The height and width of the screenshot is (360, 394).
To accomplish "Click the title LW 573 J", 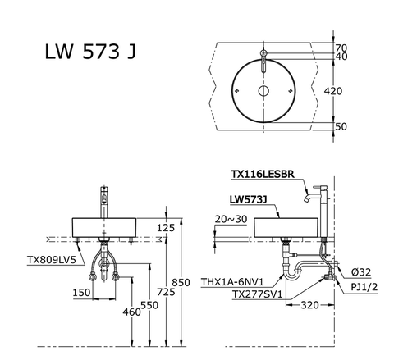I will [x=89, y=52].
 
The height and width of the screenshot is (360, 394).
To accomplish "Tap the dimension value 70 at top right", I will [x=341, y=48].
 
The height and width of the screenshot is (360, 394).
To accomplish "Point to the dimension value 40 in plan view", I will [x=341, y=58].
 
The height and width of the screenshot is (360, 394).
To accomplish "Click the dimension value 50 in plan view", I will [x=341, y=126].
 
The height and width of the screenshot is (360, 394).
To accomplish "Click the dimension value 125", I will [x=166, y=227].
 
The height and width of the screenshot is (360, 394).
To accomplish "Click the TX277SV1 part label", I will [x=257, y=294].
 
